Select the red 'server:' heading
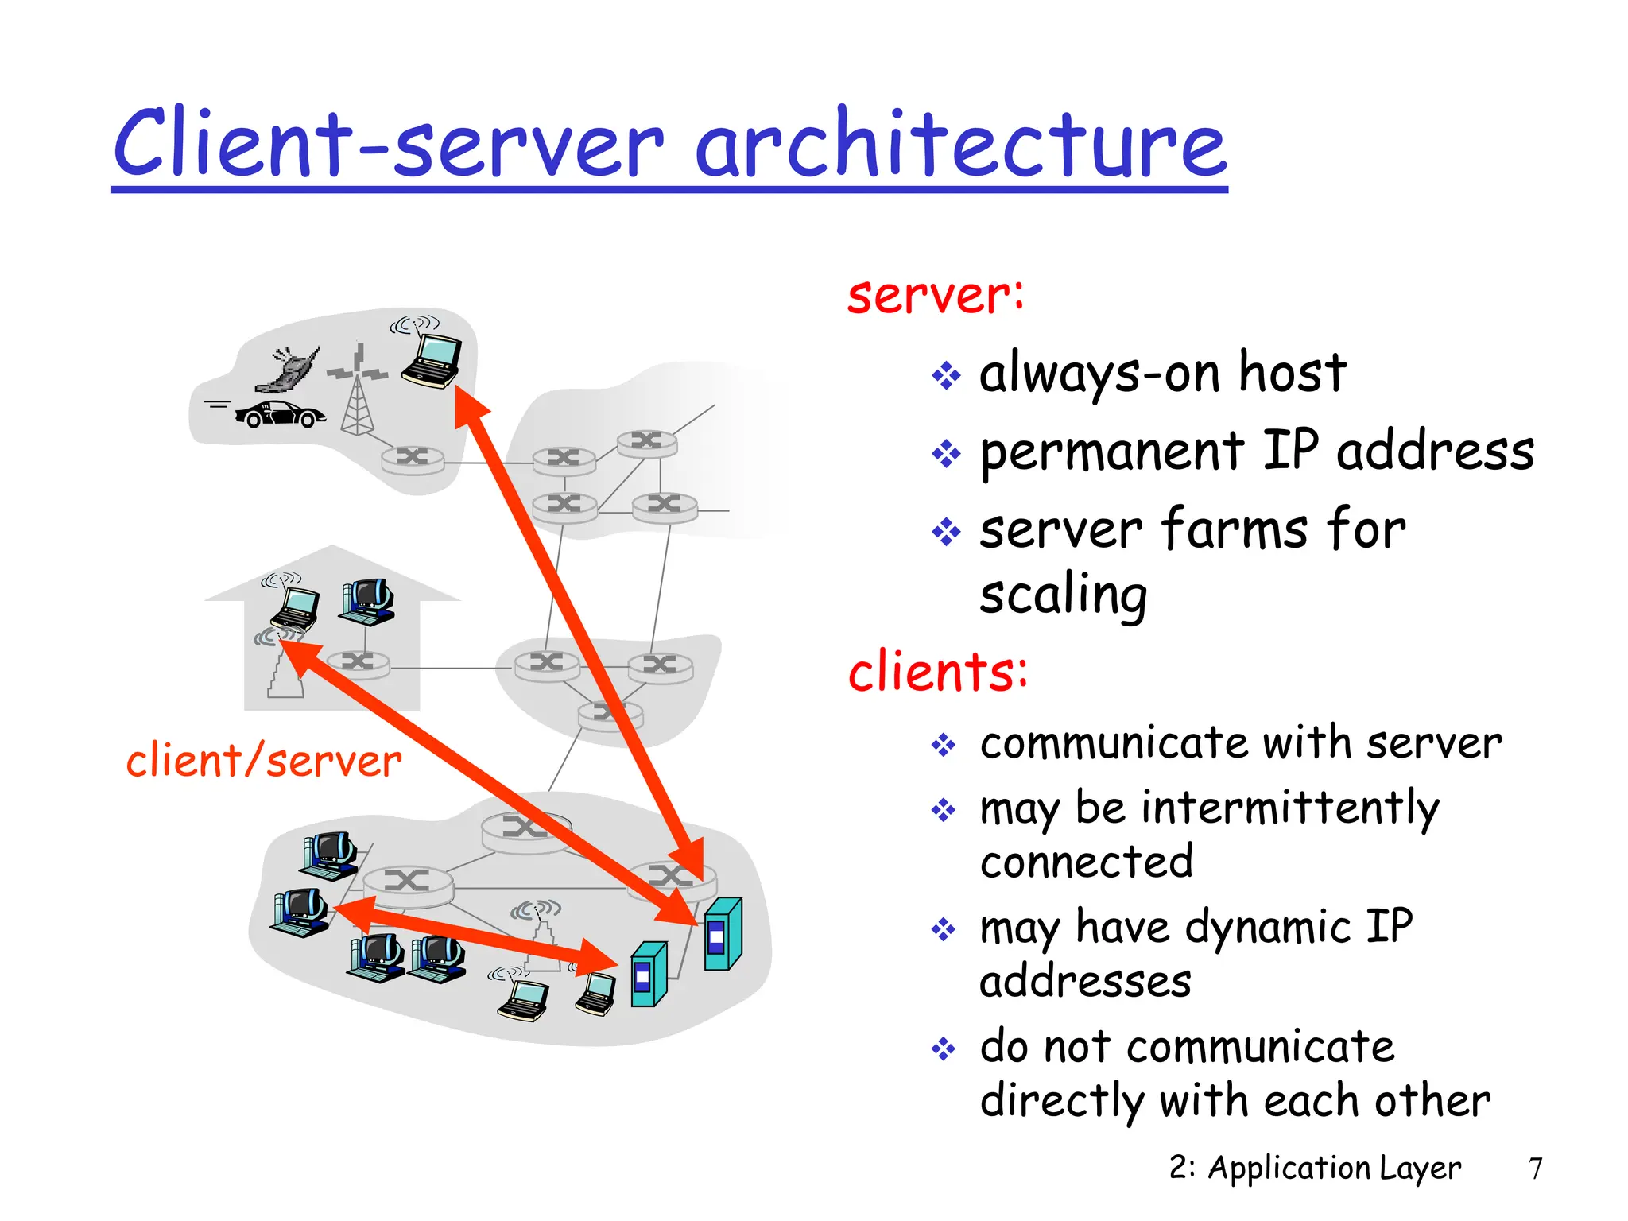coord(936,296)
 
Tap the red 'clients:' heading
coord(938,672)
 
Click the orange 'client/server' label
coord(264,762)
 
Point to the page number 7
coord(1535,1169)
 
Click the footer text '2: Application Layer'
coord(1315,1168)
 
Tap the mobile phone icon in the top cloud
coord(289,370)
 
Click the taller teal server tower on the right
coord(723,934)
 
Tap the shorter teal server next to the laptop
coord(648,975)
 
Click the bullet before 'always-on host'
coord(946,375)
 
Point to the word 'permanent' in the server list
coord(1111,452)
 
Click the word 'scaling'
coord(1063,595)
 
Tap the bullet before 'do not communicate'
coord(944,1049)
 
